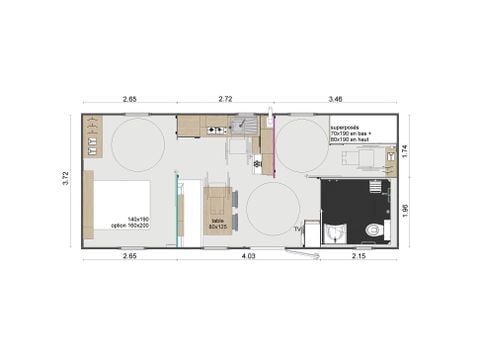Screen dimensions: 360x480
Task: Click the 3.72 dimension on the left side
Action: (65, 176)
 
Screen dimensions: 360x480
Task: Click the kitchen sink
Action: (243, 125)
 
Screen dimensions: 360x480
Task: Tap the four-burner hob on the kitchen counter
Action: (215, 128)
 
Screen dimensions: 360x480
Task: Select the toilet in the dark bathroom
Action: (374, 230)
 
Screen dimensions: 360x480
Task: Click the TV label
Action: (298, 229)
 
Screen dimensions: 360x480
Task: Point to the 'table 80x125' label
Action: (218, 224)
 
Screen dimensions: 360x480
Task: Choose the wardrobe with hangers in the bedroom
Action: (93, 137)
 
